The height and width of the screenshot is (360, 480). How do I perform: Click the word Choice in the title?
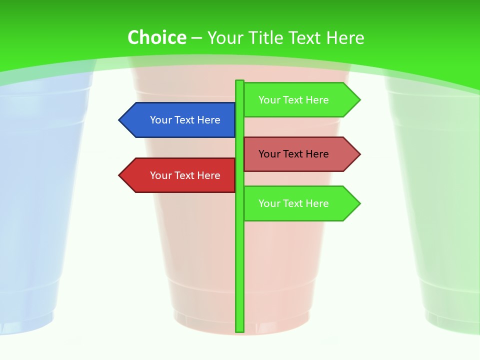pos(156,37)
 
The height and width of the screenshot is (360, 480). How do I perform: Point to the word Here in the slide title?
pos(345,37)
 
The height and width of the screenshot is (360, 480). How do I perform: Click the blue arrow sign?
pos(180,120)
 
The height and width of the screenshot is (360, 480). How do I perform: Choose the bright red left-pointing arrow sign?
pos(180,175)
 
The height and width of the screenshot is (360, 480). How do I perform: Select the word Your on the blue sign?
pos(160,120)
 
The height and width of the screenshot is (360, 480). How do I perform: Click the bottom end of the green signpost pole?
pos(240,330)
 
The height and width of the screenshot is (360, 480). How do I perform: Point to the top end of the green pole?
pos(240,81)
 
